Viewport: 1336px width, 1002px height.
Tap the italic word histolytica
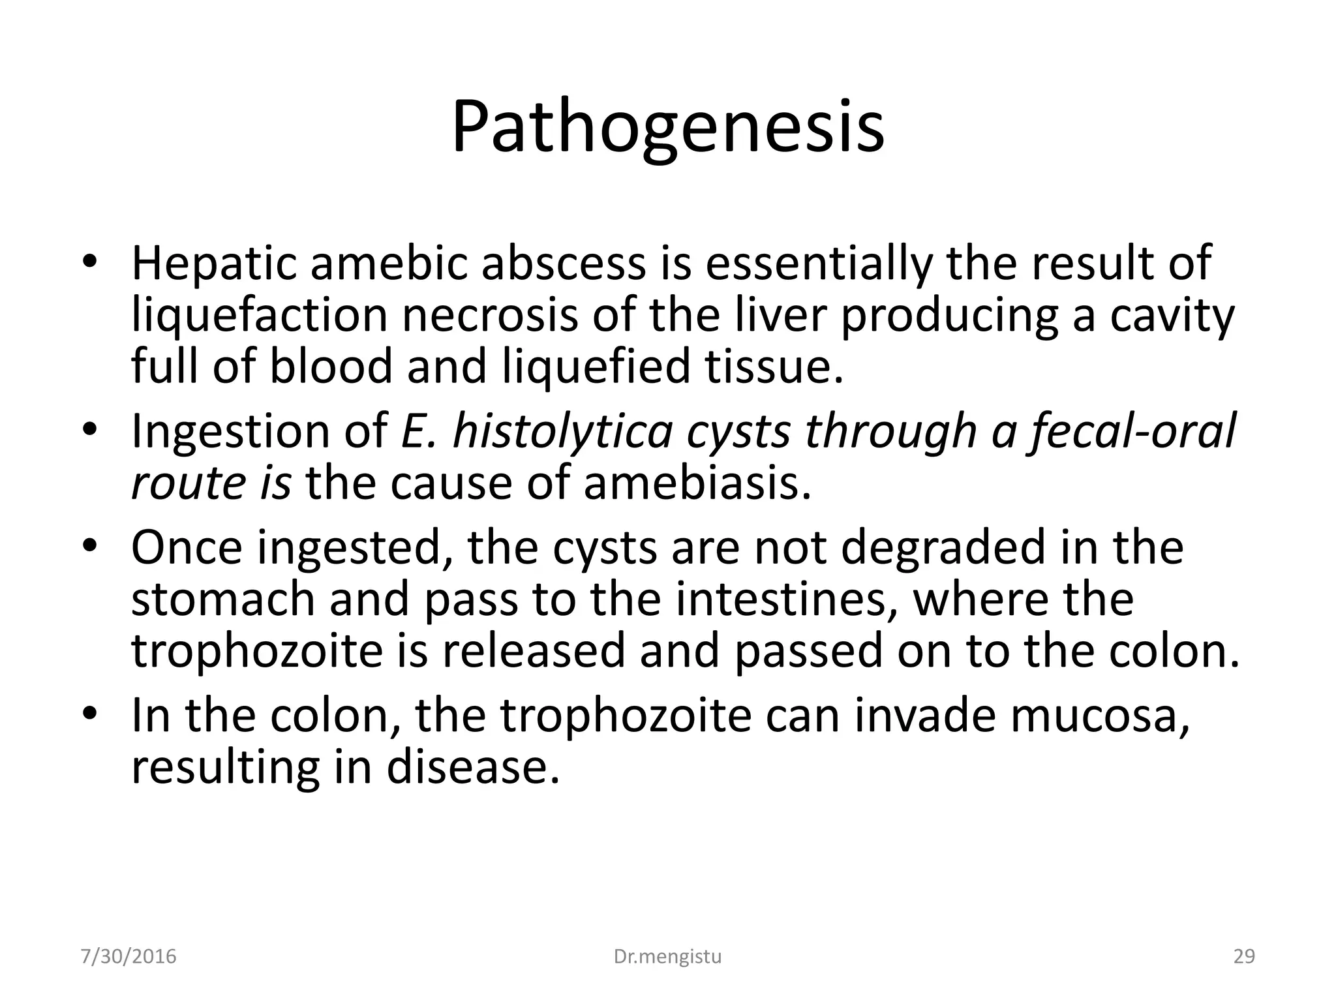(562, 432)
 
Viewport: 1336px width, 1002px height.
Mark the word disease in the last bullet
(474, 767)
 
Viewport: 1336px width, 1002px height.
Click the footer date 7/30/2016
(129, 956)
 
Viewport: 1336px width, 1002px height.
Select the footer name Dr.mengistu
(668, 956)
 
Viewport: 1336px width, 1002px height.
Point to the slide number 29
(1244, 956)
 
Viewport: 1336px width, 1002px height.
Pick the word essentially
(818, 264)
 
